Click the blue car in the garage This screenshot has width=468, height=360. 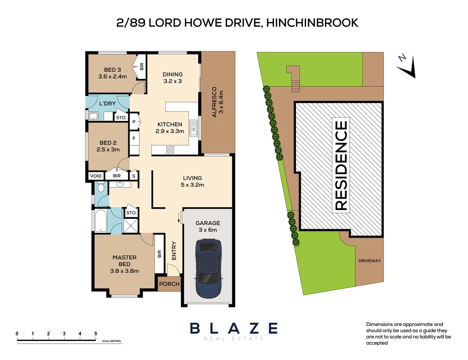(208, 268)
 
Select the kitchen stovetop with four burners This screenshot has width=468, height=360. (170, 150)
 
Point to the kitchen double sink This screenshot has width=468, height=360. (193, 128)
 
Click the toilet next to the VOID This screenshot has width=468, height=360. (101, 187)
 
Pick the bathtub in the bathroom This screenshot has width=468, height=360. (101, 221)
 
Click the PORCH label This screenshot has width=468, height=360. (169, 284)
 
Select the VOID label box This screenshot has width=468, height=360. (96, 176)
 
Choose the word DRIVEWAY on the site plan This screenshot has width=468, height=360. (370, 261)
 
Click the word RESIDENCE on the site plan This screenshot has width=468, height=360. (341, 165)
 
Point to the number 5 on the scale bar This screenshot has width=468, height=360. (96, 334)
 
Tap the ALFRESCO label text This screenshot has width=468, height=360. (214, 102)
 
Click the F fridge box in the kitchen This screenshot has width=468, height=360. (134, 138)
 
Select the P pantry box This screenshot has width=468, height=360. (134, 122)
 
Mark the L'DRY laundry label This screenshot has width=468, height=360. (107, 104)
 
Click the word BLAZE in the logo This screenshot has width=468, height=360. (234, 328)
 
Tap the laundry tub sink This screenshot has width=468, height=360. (93, 116)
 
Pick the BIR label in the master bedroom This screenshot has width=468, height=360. (159, 254)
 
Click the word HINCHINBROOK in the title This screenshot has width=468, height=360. (312, 23)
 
